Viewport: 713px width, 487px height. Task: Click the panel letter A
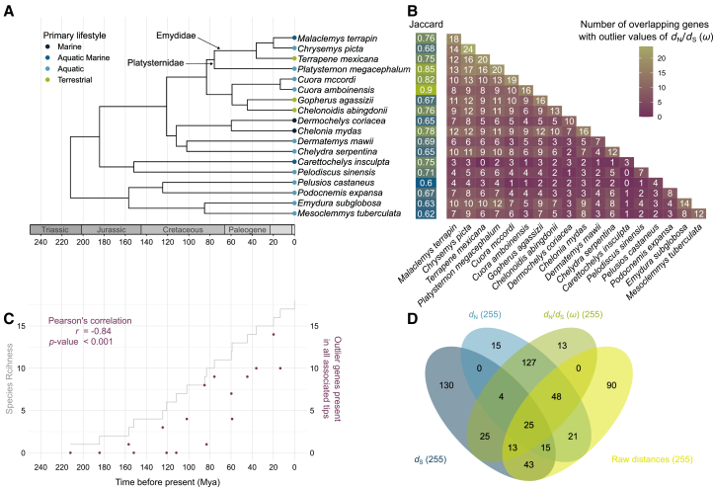(8, 11)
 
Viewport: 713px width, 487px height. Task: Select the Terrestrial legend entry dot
(47, 80)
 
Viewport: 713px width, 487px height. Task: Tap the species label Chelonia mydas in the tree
(330, 131)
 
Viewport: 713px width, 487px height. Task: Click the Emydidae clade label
(176, 36)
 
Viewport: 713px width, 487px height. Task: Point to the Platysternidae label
(155, 63)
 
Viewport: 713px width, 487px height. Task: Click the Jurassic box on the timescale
(112, 229)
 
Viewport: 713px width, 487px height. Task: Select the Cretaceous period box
(183, 229)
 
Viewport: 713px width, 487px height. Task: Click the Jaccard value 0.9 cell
(426, 90)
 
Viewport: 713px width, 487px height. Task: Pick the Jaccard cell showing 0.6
(426, 183)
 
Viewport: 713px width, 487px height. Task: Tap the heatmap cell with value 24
(468, 49)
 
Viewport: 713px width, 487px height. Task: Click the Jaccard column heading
(426, 24)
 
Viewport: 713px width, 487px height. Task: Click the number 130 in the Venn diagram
(446, 385)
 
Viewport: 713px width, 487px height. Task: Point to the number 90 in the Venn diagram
(611, 385)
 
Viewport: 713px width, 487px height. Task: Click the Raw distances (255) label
(652, 459)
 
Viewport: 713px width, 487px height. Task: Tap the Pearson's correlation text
(90, 321)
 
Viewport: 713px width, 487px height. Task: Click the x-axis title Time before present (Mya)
(167, 481)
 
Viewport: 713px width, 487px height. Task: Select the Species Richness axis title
(9, 378)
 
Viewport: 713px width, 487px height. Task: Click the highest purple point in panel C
(274, 334)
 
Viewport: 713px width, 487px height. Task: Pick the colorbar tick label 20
(662, 58)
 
